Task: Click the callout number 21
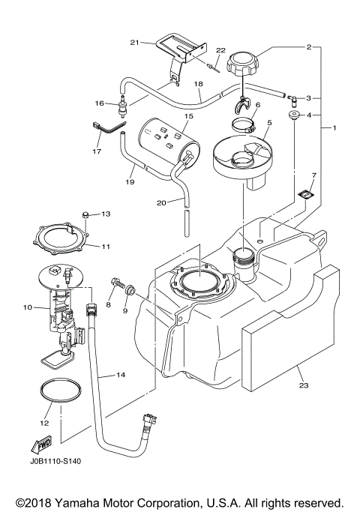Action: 135,43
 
